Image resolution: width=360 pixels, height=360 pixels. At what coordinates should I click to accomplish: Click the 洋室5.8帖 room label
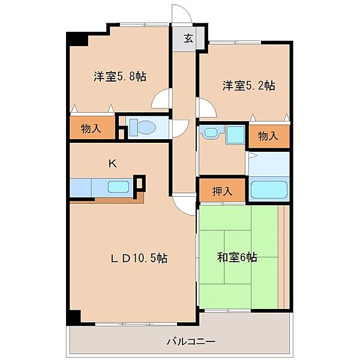[x=120, y=76]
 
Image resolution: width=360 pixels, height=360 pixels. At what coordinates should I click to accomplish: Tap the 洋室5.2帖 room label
[x=248, y=86]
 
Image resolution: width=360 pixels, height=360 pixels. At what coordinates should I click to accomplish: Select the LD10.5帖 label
[x=139, y=258]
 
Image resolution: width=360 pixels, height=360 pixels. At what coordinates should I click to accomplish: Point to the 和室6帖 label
[x=237, y=257]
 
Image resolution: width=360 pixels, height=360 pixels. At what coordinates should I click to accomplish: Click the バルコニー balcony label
[x=191, y=341]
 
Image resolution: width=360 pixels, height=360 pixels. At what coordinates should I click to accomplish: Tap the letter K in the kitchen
[x=113, y=164]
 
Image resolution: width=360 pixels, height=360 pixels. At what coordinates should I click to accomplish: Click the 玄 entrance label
[x=188, y=38]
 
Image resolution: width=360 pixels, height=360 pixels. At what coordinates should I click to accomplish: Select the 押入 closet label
[x=222, y=191]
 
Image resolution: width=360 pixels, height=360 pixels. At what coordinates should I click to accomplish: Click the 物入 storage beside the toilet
[x=91, y=128]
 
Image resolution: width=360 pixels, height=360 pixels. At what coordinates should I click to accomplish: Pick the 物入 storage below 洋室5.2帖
[x=268, y=136]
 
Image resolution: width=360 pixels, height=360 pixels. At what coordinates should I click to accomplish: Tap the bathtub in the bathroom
[x=269, y=190]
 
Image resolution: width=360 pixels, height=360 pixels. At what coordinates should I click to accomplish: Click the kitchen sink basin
[x=118, y=187]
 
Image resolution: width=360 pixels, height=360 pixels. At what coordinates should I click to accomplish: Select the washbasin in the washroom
[x=212, y=132]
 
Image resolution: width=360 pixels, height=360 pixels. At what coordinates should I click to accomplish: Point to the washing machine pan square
[x=235, y=134]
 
